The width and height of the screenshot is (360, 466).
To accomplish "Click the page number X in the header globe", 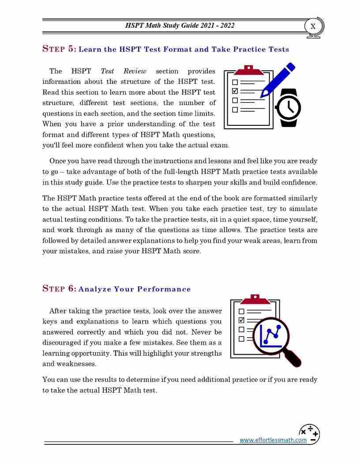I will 313,26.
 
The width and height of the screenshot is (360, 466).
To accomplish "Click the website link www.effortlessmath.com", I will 273,440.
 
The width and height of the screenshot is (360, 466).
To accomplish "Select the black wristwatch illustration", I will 289,108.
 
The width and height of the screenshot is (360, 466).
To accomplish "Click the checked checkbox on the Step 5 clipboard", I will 235,91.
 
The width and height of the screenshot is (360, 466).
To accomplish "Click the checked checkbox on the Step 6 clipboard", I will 241,320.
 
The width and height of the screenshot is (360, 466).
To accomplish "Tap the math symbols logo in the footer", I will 309,434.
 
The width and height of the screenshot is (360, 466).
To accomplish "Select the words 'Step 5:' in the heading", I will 59,49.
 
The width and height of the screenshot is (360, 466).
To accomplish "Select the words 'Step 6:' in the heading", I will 59,289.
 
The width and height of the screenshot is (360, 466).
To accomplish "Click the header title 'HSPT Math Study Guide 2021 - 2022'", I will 180,26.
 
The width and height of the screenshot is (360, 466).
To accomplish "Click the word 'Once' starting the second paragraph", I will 58,161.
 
